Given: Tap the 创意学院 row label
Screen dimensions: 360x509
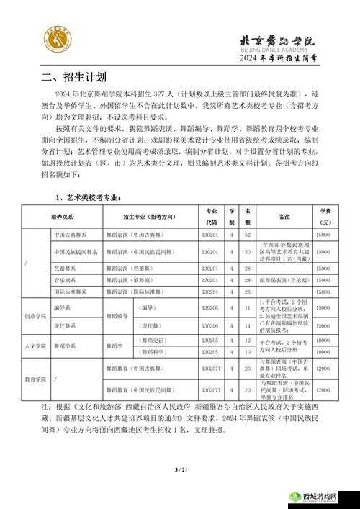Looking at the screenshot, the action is (x=35, y=315).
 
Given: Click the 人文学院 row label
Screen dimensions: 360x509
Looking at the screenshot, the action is (x=35, y=346).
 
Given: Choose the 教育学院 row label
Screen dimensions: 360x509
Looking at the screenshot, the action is (x=35, y=378).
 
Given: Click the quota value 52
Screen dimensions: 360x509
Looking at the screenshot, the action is (x=248, y=235).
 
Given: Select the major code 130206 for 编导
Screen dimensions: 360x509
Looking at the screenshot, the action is (x=210, y=307).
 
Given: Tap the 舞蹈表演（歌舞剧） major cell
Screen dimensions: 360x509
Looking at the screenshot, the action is (x=130, y=279).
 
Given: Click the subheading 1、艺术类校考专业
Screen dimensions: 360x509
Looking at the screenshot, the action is (x=89, y=197).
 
